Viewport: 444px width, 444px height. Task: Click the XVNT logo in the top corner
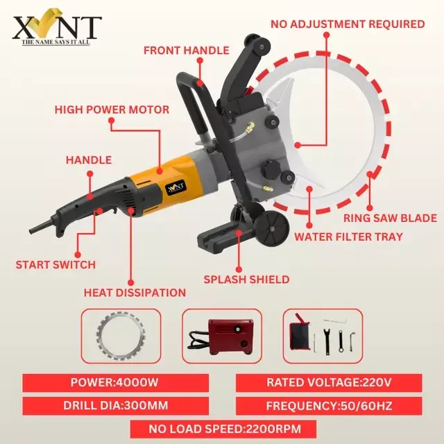tap(57, 29)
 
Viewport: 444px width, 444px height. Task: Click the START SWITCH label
tap(55, 264)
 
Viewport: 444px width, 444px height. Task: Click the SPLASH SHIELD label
tap(246, 280)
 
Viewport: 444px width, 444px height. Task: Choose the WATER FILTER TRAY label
tap(348, 237)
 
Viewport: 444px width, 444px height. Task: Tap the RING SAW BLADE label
tap(391, 218)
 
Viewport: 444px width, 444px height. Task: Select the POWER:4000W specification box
tap(114, 382)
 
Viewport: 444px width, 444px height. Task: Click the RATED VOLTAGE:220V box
tap(329, 382)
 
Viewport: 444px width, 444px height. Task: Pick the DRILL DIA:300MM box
tap(114, 405)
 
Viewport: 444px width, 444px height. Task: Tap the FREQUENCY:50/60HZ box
tap(329, 405)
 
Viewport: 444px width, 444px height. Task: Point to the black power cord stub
tap(40, 228)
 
